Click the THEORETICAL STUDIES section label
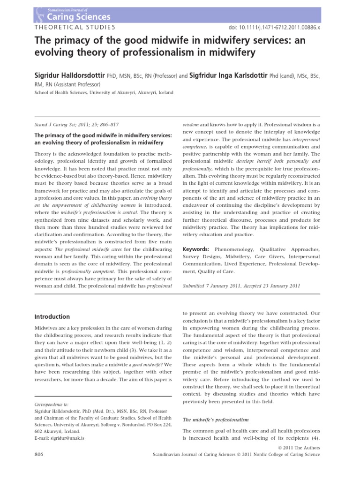[70, 28]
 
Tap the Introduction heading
[52, 316]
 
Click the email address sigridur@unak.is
[65, 438]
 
